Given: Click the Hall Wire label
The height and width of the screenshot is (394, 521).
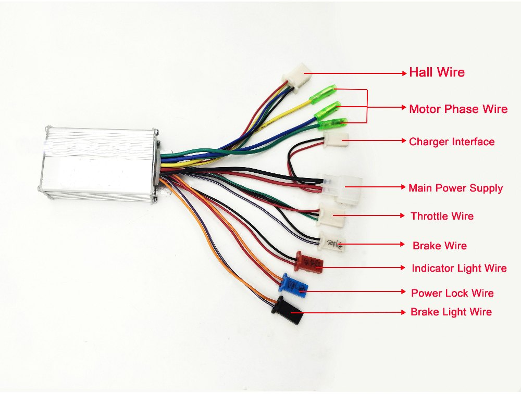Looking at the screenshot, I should (437, 72).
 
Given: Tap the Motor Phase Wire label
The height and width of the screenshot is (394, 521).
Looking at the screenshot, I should (458, 109).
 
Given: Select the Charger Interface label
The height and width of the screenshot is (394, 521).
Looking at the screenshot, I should (452, 142).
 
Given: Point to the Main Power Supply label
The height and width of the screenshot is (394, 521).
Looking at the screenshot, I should (455, 188).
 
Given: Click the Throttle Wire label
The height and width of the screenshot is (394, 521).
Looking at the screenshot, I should (442, 216).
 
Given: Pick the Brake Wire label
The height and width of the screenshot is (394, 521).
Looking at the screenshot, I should (439, 246).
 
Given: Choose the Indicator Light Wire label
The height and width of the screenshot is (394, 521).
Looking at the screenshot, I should (459, 268).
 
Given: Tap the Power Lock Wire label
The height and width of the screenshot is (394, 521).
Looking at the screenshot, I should (452, 293).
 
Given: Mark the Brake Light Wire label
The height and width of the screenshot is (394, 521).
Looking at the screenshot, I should (451, 312).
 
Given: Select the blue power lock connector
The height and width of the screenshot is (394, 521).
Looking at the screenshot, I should (293, 284).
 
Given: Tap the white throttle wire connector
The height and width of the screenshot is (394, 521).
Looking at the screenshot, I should (331, 215).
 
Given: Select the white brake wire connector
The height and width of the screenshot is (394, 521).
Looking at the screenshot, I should (331, 242).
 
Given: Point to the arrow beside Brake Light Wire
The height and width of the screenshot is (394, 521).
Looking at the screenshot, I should (354, 312).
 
